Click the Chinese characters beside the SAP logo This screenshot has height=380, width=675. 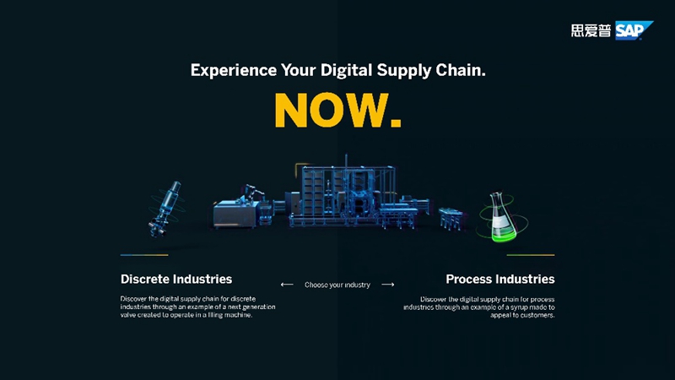(591, 30)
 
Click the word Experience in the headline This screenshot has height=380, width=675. (234, 71)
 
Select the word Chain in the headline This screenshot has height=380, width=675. (460, 70)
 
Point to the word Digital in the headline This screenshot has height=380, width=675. (346, 71)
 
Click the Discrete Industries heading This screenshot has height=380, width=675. (176, 280)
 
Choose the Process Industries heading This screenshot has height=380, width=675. (500, 280)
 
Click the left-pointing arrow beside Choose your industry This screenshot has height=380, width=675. (287, 285)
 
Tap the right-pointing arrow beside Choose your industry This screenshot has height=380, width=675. (388, 285)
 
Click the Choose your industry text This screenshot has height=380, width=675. (337, 285)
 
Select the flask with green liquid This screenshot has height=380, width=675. (501, 217)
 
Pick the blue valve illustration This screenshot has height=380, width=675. (165, 209)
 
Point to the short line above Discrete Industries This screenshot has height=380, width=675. (144, 255)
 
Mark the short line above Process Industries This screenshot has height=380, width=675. (531, 255)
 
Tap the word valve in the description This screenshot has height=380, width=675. (128, 315)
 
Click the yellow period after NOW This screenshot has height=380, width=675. (396, 122)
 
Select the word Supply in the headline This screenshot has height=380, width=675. (404, 71)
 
